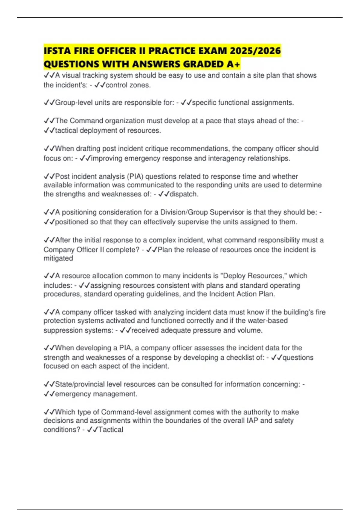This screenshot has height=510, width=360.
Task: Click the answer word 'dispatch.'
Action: pos(184,194)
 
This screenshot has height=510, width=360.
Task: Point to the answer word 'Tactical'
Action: pos(111,430)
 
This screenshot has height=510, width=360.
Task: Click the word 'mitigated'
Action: pos(58,258)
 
